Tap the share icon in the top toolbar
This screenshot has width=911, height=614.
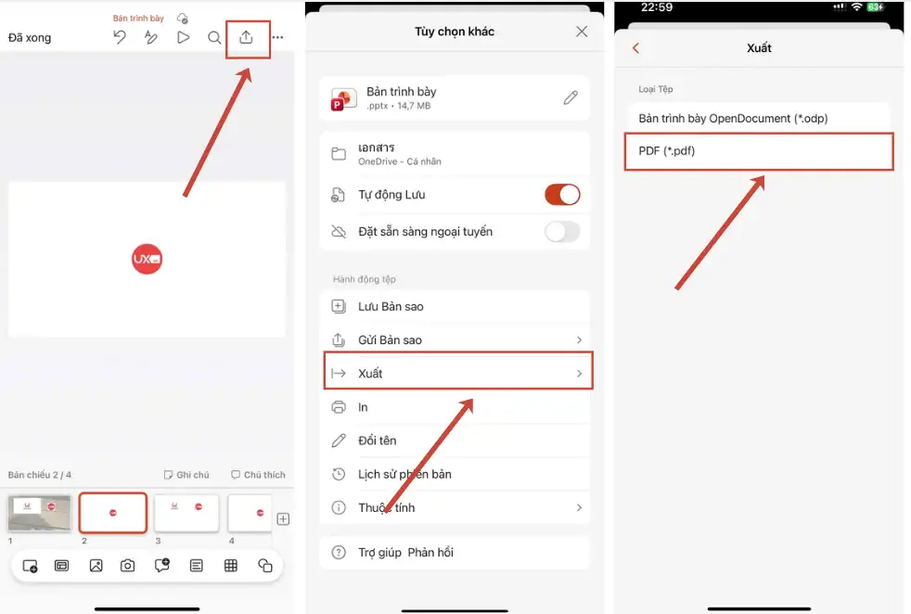tap(246, 37)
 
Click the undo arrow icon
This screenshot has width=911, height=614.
tap(120, 37)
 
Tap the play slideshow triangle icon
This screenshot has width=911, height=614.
tap(183, 37)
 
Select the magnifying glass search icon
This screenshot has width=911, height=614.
tap(214, 38)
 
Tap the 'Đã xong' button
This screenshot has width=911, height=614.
tap(30, 38)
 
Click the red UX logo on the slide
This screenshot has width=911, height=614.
tap(147, 259)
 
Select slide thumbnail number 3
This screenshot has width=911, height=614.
tap(186, 513)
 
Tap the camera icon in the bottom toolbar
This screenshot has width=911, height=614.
tap(128, 566)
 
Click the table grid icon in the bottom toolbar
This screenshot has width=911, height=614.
tap(231, 566)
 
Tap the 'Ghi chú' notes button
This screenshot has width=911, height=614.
tap(186, 475)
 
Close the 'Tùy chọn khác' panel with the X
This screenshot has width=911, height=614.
tap(582, 32)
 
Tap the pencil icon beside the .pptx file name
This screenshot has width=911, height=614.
tap(571, 97)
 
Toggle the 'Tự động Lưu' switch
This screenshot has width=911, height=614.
tap(562, 195)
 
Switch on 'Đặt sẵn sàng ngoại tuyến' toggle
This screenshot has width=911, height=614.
tap(562, 232)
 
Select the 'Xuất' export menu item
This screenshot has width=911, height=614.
tap(458, 373)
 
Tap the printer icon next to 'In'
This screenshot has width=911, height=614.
tap(339, 407)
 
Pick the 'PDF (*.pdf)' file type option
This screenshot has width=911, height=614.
tap(759, 151)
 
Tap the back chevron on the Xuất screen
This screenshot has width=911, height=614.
tap(635, 48)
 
